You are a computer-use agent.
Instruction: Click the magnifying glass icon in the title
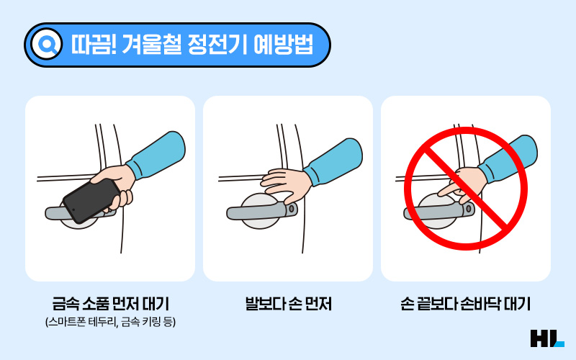(x=47, y=44)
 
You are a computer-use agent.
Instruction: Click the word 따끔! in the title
(x=94, y=45)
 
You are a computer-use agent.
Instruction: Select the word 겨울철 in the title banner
(x=152, y=45)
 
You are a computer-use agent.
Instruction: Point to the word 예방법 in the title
(x=283, y=45)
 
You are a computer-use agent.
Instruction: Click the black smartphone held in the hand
(x=91, y=201)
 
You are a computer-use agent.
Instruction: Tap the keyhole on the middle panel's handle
(x=291, y=209)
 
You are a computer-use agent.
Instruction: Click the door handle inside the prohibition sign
(x=439, y=212)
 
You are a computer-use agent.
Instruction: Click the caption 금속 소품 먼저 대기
(x=110, y=304)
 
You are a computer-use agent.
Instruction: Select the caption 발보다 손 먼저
(x=289, y=304)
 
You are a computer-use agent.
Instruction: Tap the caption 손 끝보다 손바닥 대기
(x=465, y=304)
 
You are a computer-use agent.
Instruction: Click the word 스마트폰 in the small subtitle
(x=66, y=322)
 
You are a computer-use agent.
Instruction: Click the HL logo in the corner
(x=547, y=338)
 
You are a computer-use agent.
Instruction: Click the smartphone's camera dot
(x=73, y=210)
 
